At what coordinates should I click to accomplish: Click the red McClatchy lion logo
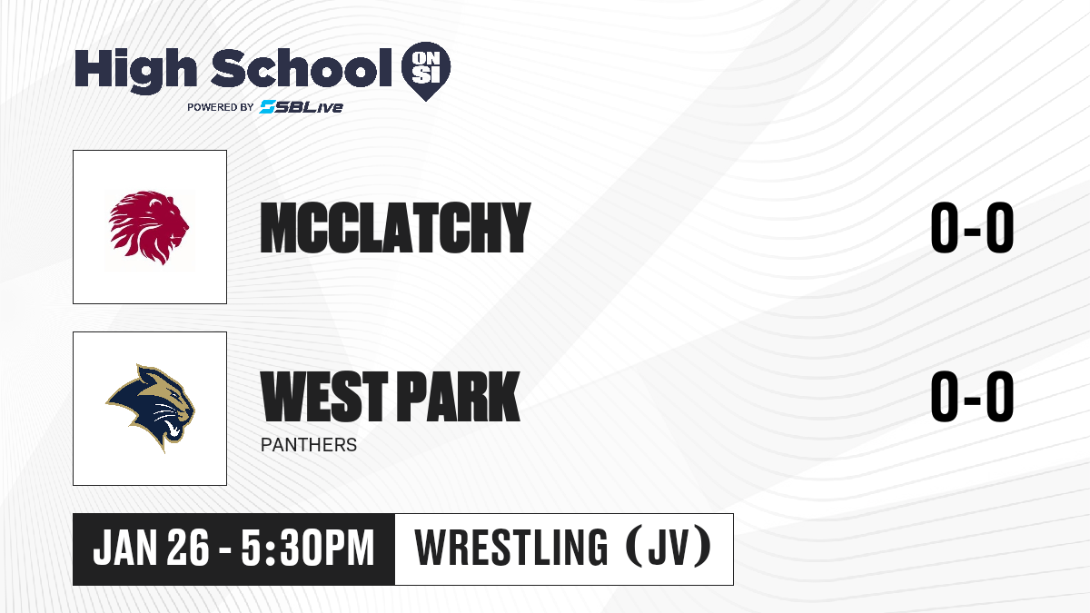pos(149,227)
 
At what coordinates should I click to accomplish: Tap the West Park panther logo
pos(150,408)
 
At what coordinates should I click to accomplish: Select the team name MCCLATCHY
pos(395,228)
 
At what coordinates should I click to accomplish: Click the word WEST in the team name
pos(324,396)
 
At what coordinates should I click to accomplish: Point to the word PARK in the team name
pos(459,396)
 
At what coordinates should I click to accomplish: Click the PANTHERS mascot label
pos(309,445)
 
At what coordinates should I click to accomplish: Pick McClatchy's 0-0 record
pos(972,228)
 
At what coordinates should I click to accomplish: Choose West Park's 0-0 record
pos(972,396)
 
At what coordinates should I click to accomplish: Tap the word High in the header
pos(136,70)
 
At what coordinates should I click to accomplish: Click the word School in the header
pos(302,67)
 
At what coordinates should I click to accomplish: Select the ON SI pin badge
pos(426,71)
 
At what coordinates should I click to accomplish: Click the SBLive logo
pos(301,106)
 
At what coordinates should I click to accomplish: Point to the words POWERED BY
pos(221,107)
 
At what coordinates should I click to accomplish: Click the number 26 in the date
pos(188,548)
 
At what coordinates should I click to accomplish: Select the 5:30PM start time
pos(308,548)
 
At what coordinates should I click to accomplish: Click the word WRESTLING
pos(510,548)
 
